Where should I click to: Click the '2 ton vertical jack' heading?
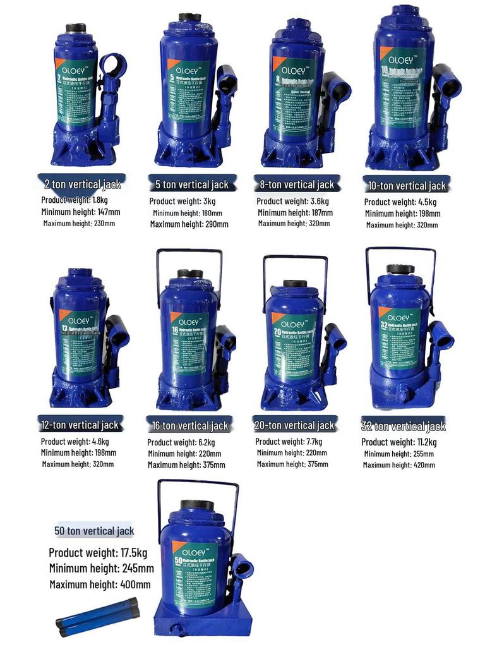pos(82,184)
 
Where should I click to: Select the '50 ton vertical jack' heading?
pos(94,531)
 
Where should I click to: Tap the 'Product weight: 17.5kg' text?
pos(98,553)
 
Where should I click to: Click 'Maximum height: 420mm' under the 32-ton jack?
pos(398,465)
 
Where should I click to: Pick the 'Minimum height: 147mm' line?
pos(80,212)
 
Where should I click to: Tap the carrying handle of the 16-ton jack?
pos(189,253)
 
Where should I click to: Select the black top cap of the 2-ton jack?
pos(76,28)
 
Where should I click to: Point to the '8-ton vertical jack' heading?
pos(297,184)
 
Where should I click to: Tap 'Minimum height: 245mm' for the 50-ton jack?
pos(102,568)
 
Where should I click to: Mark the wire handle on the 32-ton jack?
pos(400,251)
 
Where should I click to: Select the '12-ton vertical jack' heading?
pos(80,425)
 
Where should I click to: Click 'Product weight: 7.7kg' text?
pos(289,442)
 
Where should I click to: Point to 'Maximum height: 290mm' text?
pos(189,224)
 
